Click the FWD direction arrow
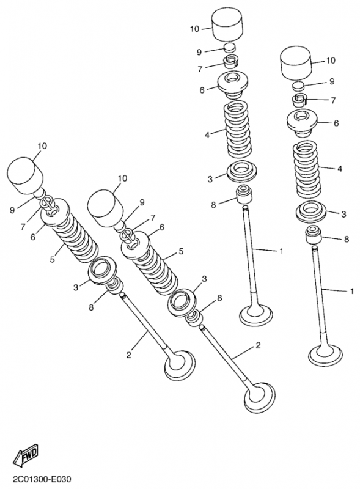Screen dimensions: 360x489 26,454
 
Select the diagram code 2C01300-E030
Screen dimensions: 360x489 42,479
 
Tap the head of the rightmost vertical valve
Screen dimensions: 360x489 325,355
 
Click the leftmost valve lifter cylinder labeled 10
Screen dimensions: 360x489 25,175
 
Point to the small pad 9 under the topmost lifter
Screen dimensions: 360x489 230,48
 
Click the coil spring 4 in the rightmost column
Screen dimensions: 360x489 307,169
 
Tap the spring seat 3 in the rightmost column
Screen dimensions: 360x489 311,212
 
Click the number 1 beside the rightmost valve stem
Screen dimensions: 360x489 352,292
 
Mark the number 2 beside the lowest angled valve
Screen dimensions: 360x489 258,345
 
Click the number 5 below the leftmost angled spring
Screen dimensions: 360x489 53,259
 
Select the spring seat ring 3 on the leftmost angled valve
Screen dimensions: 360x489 102,270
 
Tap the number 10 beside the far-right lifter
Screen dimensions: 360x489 331,60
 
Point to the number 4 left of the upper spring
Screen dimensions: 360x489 207,134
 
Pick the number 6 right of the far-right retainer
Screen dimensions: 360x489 336,123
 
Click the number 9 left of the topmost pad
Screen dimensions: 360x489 199,52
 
